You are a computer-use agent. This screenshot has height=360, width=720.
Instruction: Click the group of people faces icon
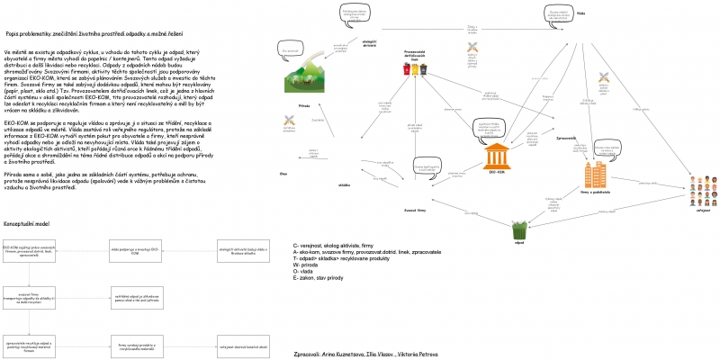(703, 188)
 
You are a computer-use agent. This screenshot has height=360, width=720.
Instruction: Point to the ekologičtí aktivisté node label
(369, 42)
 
